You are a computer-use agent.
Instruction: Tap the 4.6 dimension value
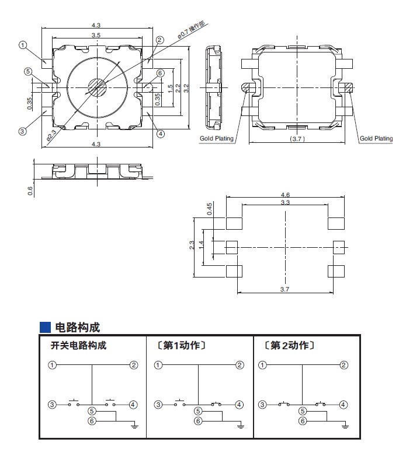pos(285,195)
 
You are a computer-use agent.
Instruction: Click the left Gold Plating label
pos(217,139)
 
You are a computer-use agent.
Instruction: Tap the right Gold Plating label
pos(376,139)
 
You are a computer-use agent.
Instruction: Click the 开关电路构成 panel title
pos(78,346)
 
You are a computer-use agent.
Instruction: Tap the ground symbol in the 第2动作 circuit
pos(344,426)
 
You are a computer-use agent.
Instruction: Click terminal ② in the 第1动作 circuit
pos(239,366)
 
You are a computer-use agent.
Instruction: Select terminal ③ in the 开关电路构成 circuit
pos(53,404)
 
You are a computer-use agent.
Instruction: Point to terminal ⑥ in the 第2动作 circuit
pos(303,421)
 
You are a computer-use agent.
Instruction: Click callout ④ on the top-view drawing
pos(161,133)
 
